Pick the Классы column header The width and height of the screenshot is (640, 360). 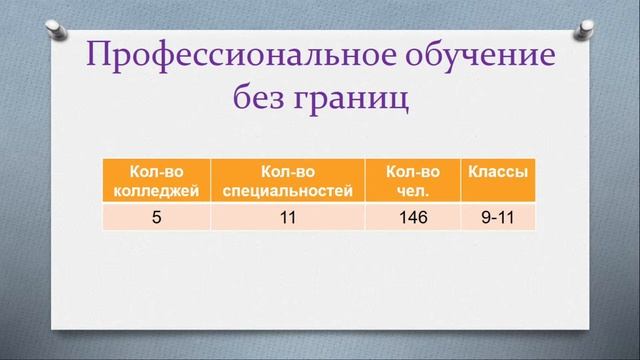click(x=497, y=172)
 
